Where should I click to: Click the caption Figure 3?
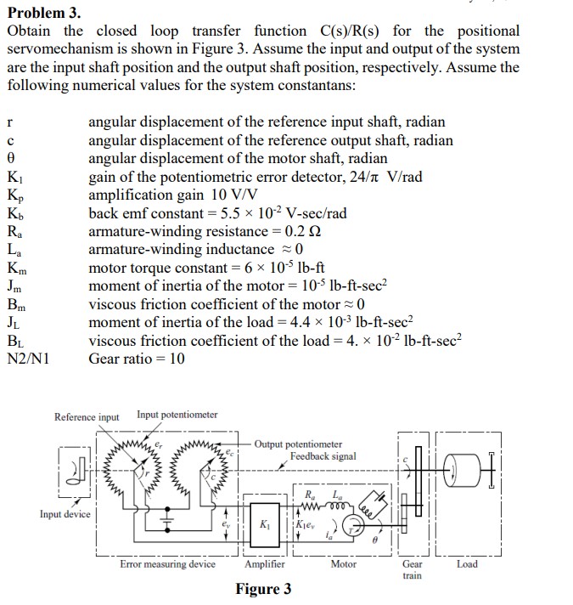[x=263, y=589]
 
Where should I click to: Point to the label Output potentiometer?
[x=298, y=444]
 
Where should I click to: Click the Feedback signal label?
[x=323, y=456]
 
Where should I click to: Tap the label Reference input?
[x=87, y=416]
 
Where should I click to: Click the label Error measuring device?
[x=167, y=563]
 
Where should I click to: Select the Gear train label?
[x=412, y=569]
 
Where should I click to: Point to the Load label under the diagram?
[x=467, y=563]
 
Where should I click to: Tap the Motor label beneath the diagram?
[x=343, y=563]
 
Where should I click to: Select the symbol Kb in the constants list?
[x=15, y=213]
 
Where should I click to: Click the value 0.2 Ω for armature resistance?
[x=303, y=231]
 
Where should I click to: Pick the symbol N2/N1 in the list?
[x=28, y=358]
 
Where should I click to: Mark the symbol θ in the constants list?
[x=11, y=159]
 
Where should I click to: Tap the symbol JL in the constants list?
[x=14, y=321]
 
